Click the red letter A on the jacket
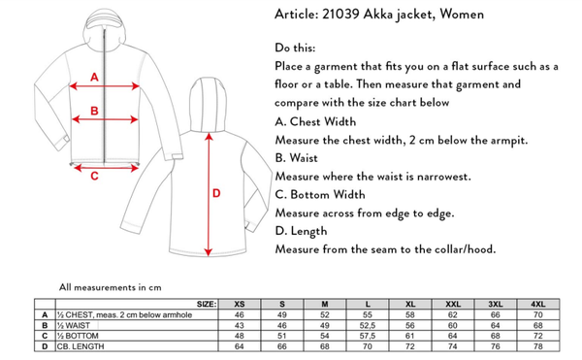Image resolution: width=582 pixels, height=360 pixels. tap(95, 78)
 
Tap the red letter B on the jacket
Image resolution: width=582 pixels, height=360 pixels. tap(94, 111)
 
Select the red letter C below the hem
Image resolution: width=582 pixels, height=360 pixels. tap(94, 176)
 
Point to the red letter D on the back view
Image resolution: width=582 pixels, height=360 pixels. tap(216, 193)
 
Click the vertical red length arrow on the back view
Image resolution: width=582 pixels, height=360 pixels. tap(209, 194)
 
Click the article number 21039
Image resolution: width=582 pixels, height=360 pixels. tap(340, 15)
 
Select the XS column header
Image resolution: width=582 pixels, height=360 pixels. tap(240, 305)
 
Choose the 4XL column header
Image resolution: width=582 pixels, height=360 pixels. tap(537, 305)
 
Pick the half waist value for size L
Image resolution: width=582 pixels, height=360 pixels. tap(368, 325)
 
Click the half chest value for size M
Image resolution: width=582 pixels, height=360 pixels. tap(325, 315)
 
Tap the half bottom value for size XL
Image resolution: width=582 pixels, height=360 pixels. tap(410, 336)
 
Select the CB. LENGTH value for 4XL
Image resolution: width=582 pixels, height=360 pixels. tap(537, 346)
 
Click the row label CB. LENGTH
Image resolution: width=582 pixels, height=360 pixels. tap(81, 346)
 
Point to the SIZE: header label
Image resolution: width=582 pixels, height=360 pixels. tap(207, 305)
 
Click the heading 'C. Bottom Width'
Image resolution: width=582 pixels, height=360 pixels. tap(320, 194)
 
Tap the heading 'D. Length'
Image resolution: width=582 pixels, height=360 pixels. tap(301, 231)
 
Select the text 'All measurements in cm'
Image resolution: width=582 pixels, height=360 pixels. tap(111, 287)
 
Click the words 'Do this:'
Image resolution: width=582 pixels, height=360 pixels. tap(295, 48)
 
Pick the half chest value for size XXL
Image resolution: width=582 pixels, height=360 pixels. tap(453, 315)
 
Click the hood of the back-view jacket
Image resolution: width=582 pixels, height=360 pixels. tap(208, 104)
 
